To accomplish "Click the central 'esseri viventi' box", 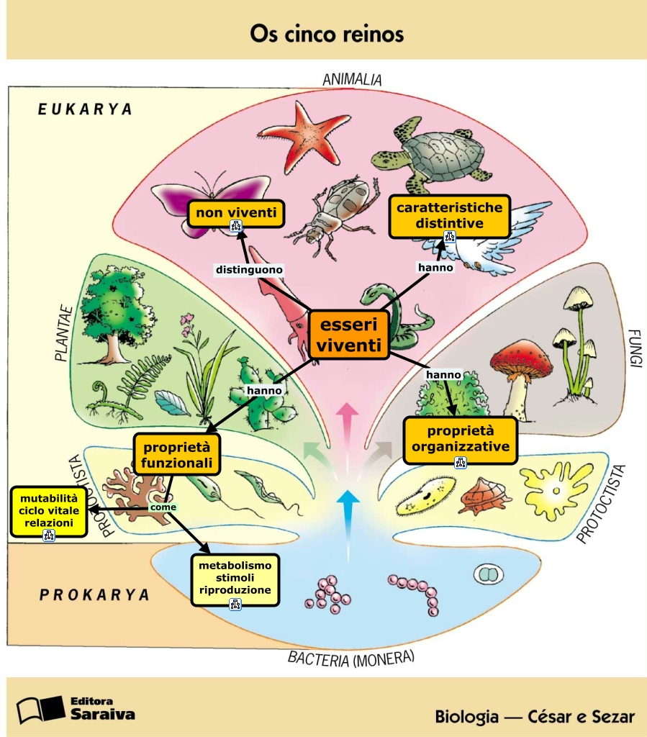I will pyautogui.click(x=349, y=335).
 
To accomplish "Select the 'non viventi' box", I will pyautogui.click(x=236, y=213).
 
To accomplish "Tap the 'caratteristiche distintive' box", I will pyautogui.click(x=449, y=216).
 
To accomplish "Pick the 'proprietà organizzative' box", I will pyautogui.click(x=461, y=440).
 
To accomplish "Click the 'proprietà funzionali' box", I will pyautogui.click(x=177, y=454).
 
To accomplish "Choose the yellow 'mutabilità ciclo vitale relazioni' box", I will pyautogui.click(x=49, y=512).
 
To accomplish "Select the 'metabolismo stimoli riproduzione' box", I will pyautogui.click(x=235, y=580).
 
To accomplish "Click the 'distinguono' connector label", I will pyautogui.click(x=249, y=270).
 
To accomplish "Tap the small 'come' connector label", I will pyautogui.click(x=163, y=507).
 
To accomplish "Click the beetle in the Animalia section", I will pyautogui.click(x=332, y=209).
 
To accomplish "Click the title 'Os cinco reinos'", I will pyautogui.click(x=326, y=34).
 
